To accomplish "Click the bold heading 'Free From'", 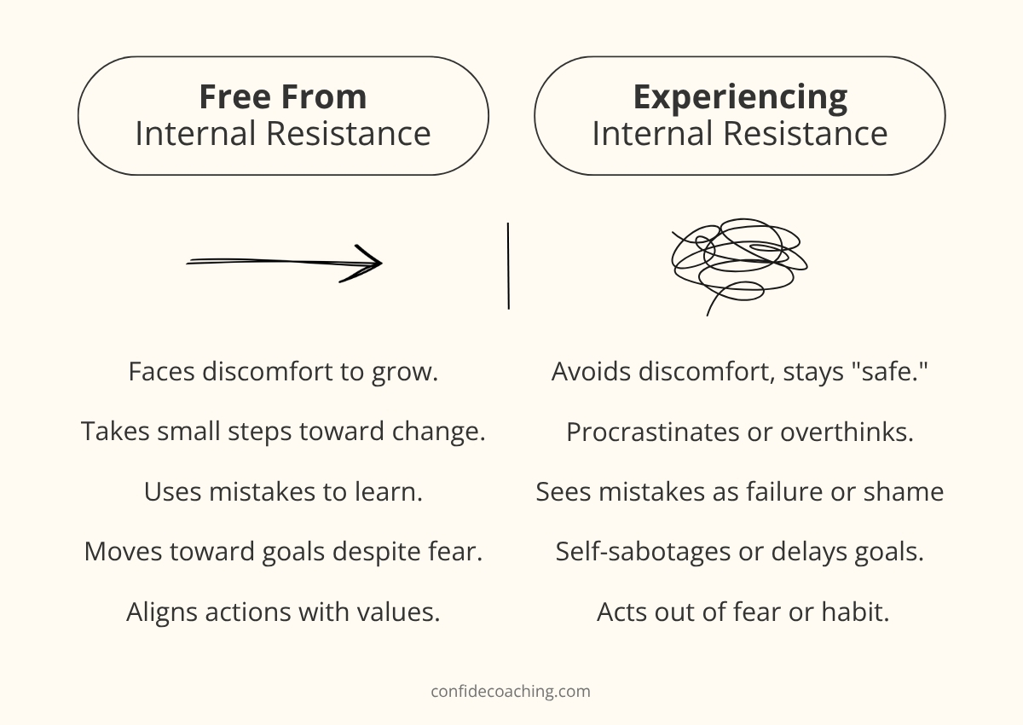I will pos(283,97).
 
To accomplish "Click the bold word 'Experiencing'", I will pos(740,97).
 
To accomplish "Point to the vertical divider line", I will pos(508,266).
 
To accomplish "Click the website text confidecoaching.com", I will pos(511,691).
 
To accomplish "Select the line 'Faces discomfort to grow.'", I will pos(283,372).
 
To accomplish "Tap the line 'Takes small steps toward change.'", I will pos(283,432).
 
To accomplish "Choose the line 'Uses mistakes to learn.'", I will pos(283,492).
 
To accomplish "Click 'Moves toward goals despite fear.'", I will pos(283,552).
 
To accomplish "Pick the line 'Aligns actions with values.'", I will pos(283,612).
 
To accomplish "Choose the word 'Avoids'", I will pos(588,372).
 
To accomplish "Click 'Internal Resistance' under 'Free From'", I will pos(283,134).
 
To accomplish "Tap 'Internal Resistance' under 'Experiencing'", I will pos(740,134).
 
